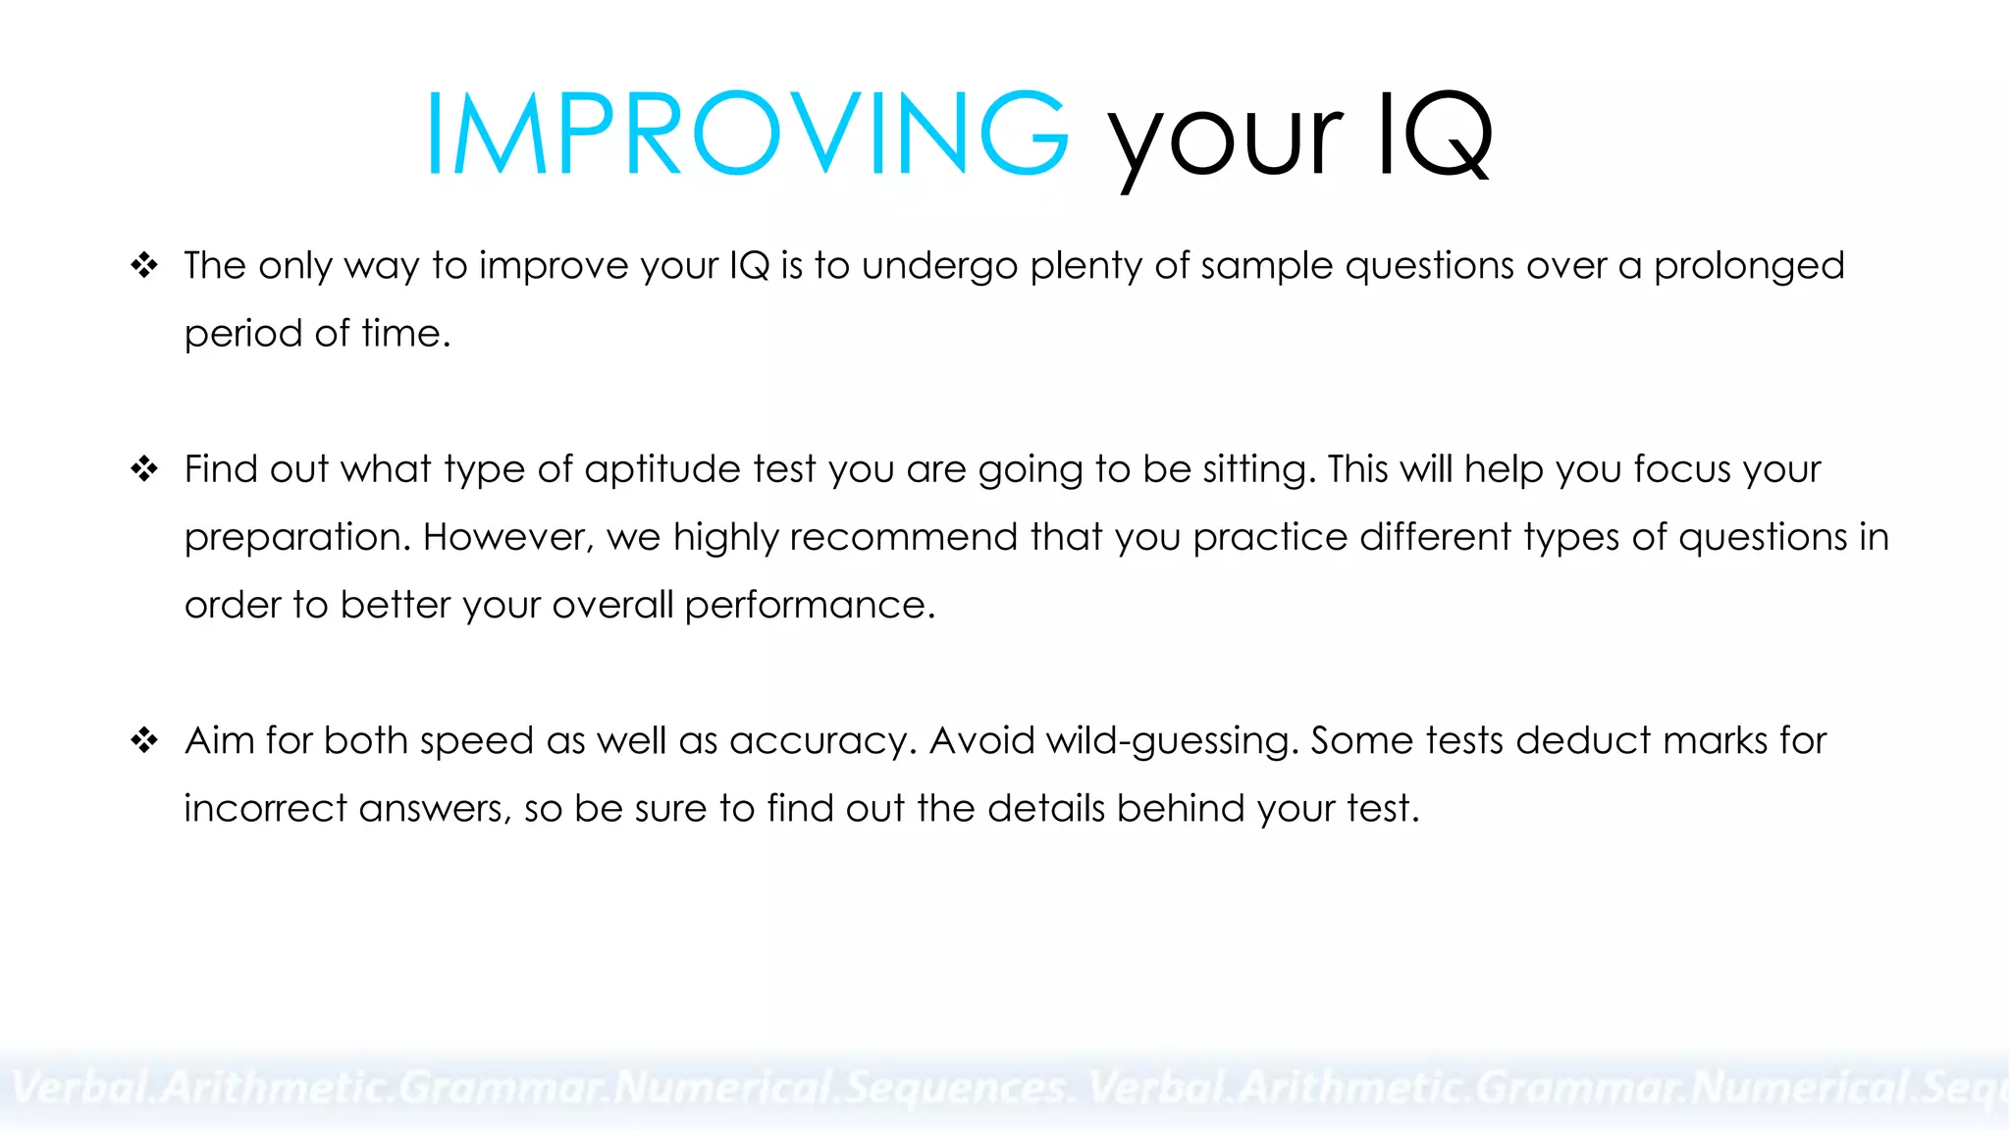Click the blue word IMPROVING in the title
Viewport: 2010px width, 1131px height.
click(x=746, y=135)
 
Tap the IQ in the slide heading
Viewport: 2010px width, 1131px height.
click(x=1435, y=135)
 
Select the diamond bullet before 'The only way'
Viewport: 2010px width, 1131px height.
click(x=144, y=265)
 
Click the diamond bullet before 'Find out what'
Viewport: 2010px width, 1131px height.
click(x=144, y=469)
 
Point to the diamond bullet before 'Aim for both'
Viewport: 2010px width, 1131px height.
click(x=144, y=740)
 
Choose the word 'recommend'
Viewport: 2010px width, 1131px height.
click(x=903, y=537)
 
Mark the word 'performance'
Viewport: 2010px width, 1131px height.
click(x=809, y=606)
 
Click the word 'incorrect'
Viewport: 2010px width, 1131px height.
click(x=266, y=809)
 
